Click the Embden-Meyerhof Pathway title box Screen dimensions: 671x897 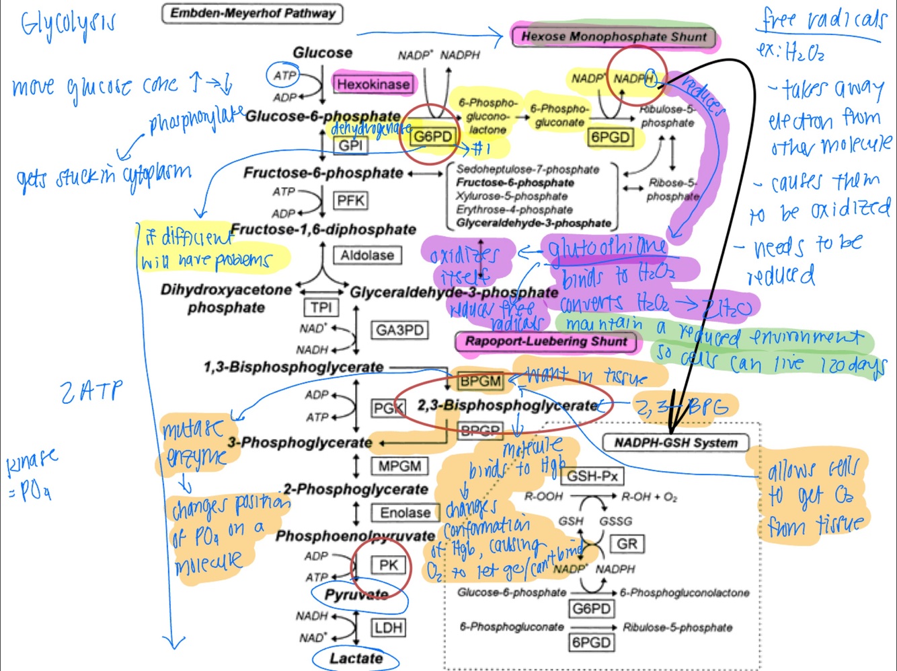click(252, 13)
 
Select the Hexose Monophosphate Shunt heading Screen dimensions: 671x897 click(613, 36)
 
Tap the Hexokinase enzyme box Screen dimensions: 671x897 click(373, 84)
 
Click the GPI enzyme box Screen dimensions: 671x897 click(350, 145)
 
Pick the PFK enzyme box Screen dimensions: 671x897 click(350, 201)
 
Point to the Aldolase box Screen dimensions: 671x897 click(366, 255)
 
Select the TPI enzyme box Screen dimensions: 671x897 click(321, 308)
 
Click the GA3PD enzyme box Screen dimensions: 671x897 click(399, 330)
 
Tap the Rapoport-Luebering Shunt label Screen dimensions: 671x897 click(545, 341)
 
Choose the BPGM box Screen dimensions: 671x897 click(479, 381)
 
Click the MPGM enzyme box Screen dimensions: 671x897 click(399, 466)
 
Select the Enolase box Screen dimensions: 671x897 click(405, 513)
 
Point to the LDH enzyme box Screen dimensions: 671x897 click(389, 628)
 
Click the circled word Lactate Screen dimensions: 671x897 click(356, 658)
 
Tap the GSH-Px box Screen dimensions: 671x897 click(592, 476)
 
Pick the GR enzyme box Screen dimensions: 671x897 click(627, 544)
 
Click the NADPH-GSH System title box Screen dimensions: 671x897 click(676, 443)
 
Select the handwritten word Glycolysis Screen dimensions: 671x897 click(67, 24)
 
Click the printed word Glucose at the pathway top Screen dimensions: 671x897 click(322, 52)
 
